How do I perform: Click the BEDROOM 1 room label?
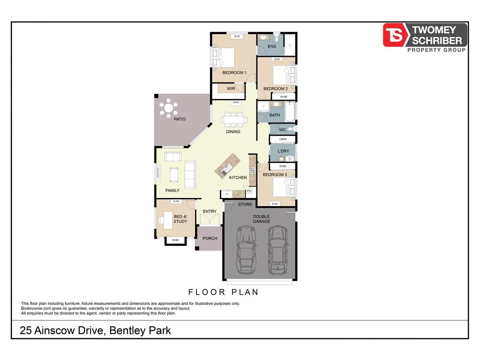[x=234, y=73]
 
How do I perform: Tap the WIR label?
[x=231, y=89]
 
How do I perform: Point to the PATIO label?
[x=180, y=119]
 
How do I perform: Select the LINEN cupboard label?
[x=283, y=139]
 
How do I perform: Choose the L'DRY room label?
[x=283, y=151]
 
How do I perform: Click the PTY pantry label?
[x=249, y=191]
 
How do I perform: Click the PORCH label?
[x=210, y=238]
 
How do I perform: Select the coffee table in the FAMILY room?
[x=174, y=174]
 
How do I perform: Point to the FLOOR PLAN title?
[x=223, y=292]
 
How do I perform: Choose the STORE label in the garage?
[x=245, y=204]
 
